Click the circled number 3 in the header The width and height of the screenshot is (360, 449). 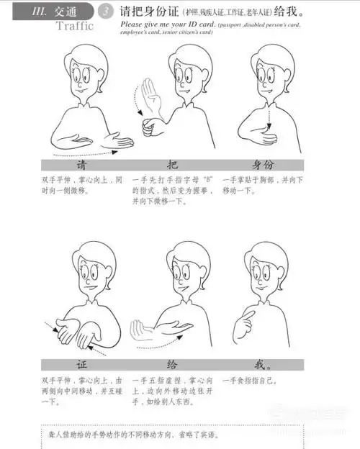[106, 12]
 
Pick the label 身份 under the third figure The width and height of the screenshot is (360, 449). [268, 164]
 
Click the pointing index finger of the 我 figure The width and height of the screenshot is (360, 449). [250, 314]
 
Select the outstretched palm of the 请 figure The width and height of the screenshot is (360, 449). [115, 141]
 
